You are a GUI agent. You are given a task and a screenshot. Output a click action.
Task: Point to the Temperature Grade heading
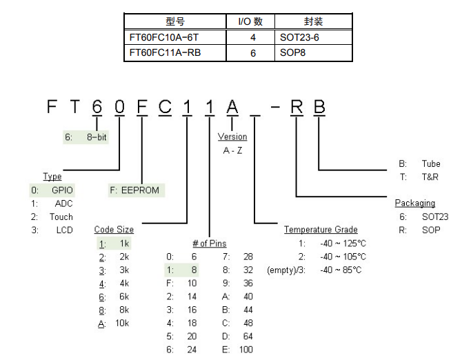pyautogui.click(x=321, y=230)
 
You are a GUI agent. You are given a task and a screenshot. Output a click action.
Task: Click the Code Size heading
pyautogui.click(x=114, y=230)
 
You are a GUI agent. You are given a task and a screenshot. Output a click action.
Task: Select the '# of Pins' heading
pyautogui.click(x=209, y=243)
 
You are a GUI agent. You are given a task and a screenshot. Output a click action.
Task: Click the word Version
pyautogui.click(x=232, y=137)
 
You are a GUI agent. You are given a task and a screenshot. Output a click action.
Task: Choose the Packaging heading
pyautogui.click(x=414, y=203)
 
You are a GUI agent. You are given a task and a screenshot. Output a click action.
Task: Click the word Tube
pyautogui.click(x=430, y=164)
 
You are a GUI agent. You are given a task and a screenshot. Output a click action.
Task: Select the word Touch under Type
pyautogui.click(x=61, y=217)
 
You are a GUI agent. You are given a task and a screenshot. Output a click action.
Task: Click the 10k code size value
pyautogui.click(x=121, y=323)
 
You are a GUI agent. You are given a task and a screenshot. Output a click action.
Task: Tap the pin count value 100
pyautogui.click(x=246, y=350)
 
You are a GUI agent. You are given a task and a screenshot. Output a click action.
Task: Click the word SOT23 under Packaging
pyautogui.click(x=434, y=217)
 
